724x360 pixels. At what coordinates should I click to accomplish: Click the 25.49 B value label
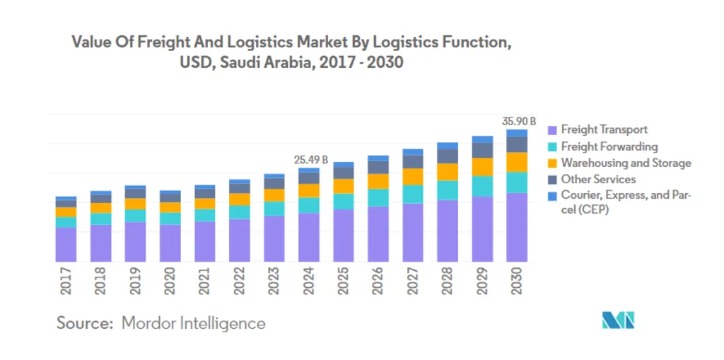click(312, 160)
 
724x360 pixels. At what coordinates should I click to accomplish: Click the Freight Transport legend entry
click(604, 129)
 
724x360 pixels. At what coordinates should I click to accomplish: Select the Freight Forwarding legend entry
click(609, 146)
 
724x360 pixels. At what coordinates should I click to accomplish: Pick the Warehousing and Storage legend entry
click(626, 163)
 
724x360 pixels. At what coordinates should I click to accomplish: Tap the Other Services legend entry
click(598, 180)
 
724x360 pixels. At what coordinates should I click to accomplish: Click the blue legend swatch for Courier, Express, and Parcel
click(553, 196)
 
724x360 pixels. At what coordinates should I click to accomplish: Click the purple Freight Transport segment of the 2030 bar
click(517, 226)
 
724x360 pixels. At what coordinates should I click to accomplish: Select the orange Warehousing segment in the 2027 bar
click(413, 177)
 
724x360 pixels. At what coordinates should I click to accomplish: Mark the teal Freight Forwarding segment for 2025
click(344, 201)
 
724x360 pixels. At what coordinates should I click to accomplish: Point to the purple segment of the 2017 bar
click(66, 244)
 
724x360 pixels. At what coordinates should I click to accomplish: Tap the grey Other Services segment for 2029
click(482, 151)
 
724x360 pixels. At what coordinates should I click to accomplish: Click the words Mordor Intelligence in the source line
click(194, 324)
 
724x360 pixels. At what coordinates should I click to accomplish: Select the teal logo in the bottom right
click(619, 320)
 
